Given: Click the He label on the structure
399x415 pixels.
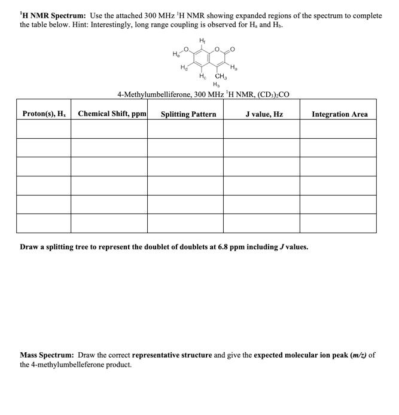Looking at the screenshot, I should (176, 56).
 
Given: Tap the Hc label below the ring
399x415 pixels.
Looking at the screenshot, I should (203, 76).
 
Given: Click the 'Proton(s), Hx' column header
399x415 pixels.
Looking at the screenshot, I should (44, 114).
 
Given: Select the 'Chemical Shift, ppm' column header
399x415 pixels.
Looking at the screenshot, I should (112, 114).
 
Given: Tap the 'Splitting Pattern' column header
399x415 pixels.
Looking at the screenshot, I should (188, 114).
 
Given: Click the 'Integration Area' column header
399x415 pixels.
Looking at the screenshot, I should (339, 114).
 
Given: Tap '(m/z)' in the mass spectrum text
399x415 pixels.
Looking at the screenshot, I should (357, 355).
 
